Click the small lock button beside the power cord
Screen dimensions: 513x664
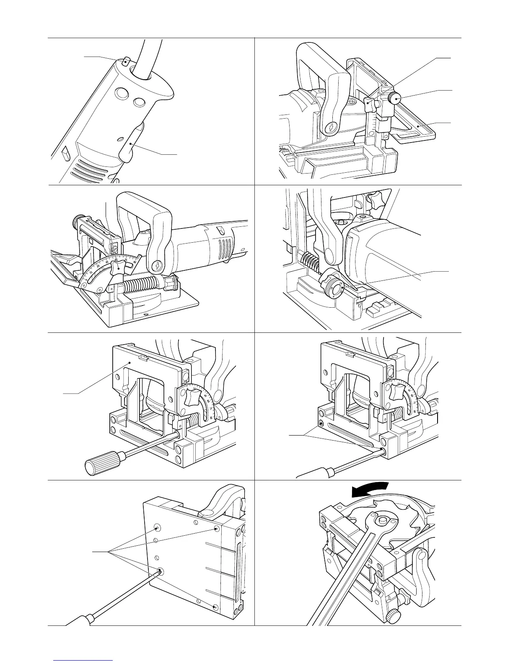click(x=126, y=62)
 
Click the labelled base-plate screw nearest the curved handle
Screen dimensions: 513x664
click(x=216, y=529)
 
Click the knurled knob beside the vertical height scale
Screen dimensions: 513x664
click(x=394, y=99)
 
